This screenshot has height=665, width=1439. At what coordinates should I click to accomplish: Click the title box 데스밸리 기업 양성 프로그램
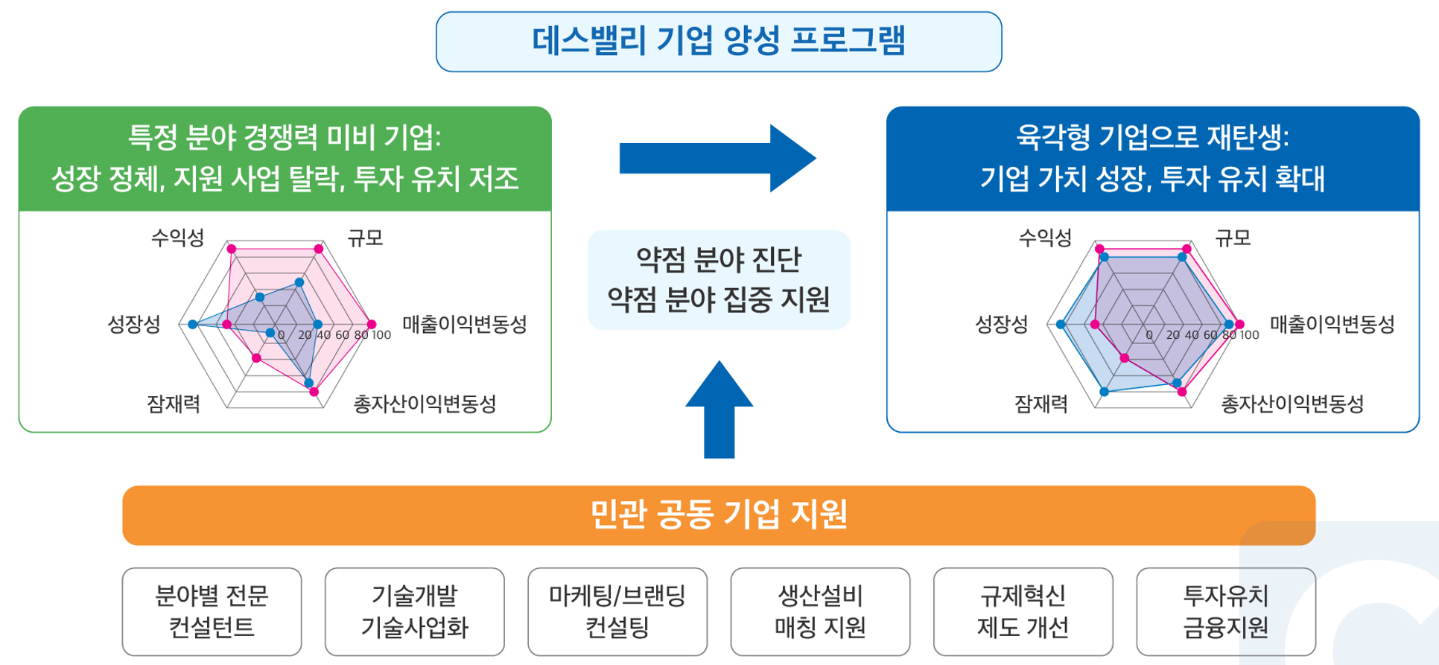719,42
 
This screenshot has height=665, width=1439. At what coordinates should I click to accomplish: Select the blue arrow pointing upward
719,410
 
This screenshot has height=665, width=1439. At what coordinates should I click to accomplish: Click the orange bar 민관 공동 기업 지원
719,515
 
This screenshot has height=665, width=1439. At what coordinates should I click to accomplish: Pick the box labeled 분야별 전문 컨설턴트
212,611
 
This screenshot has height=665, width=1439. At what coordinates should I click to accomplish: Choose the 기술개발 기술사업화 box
414,611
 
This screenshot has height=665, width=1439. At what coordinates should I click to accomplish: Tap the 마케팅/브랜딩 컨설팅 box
617,611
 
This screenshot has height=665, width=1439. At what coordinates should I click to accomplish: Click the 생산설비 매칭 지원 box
820,611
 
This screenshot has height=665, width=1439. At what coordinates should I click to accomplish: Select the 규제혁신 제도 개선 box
1023,611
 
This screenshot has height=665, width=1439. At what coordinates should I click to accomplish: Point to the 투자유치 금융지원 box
1226,611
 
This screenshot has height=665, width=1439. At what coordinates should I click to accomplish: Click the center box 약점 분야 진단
719,279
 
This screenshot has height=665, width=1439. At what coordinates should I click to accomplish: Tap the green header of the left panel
285,159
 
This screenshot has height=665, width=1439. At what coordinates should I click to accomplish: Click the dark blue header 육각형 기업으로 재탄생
1152,159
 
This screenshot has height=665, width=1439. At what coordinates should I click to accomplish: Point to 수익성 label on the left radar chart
177,238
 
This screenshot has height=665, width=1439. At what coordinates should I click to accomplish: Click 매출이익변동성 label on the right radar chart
1332,324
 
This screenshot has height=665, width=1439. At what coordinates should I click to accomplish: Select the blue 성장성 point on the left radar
193,325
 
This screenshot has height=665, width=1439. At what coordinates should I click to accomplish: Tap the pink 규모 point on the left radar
319,249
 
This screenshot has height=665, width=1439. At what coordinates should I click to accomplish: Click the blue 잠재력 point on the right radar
1104,391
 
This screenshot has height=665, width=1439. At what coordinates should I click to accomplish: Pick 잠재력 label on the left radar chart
174,404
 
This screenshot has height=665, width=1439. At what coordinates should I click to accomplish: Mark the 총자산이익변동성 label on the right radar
1292,404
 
